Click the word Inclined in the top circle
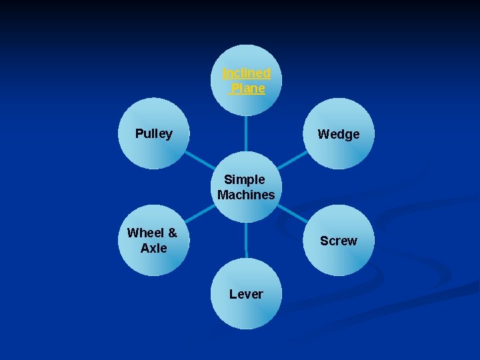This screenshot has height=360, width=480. (246, 73)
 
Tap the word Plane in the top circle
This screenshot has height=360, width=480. (247, 88)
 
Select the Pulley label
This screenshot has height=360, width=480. (153, 133)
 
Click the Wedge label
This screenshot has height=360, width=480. (338, 134)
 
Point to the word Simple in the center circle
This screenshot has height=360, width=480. (245, 179)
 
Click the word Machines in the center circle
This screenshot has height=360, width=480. (246, 195)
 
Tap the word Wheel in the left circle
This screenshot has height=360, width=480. (145, 233)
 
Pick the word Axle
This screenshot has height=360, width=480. (153, 248)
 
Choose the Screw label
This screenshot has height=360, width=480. (338, 241)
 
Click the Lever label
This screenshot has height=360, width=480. (246, 294)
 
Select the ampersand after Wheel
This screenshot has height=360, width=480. (172, 233)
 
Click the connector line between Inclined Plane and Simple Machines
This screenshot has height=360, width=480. (246, 137)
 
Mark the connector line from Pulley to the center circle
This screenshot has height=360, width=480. (197, 159)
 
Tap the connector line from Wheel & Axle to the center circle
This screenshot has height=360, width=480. (199, 214)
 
